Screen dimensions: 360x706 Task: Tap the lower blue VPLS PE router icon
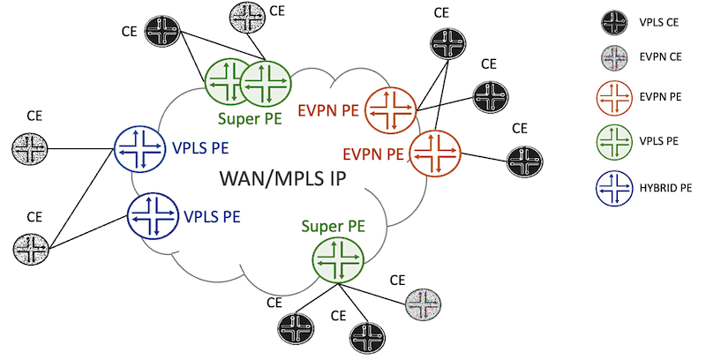154,214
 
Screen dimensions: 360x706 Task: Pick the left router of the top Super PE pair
229,83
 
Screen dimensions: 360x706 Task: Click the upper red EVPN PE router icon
391,111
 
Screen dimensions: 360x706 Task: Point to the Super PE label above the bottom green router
327,226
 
